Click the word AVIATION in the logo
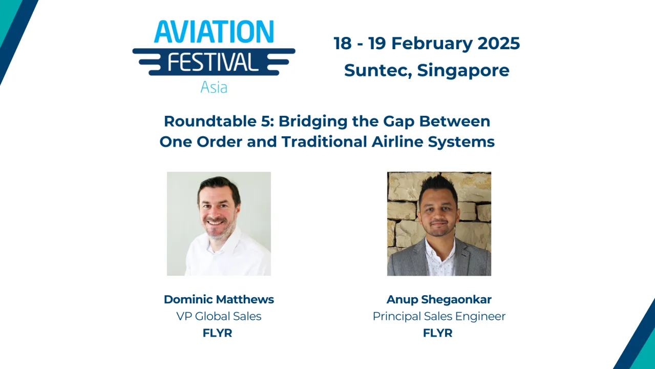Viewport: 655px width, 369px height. pyautogui.click(x=214, y=32)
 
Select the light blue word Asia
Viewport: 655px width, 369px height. pyautogui.click(x=214, y=87)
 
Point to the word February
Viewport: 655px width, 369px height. pyautogui.click(x=432, y=44)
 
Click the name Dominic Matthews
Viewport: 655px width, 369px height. pyautogui.click(x=219, y=299)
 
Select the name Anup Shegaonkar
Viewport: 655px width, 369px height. pyautogui.click(x=439, y=299)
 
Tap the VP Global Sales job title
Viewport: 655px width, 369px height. pyautogui.click(x=219, y=316)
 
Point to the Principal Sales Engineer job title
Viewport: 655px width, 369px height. pyautogui.click(x=439, y=316)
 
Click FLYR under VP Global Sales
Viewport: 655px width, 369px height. pyautogui.click(x=218, y=333)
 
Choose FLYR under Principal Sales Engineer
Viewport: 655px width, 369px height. pyautogui.click(x=438, y=333)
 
